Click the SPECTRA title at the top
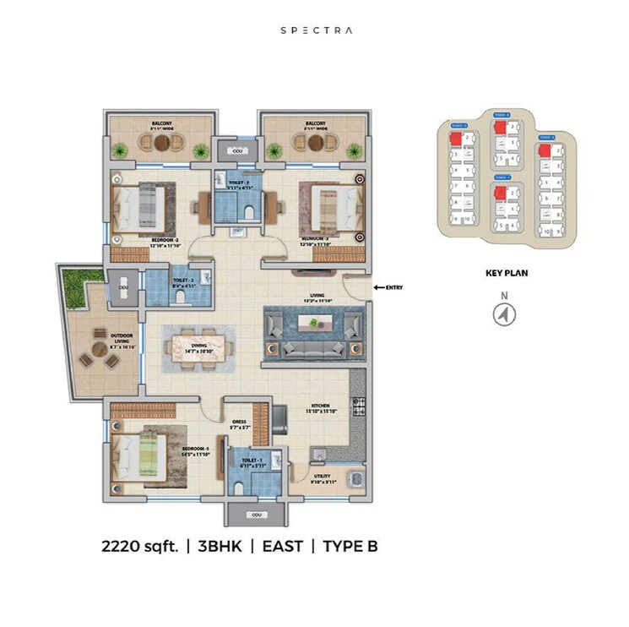316,30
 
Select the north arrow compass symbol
504,313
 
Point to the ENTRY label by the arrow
393,287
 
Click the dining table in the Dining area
200,346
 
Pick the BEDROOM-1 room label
196,448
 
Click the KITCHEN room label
321,407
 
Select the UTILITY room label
323,477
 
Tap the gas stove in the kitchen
359,406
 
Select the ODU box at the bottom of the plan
254,515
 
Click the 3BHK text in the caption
219,546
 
